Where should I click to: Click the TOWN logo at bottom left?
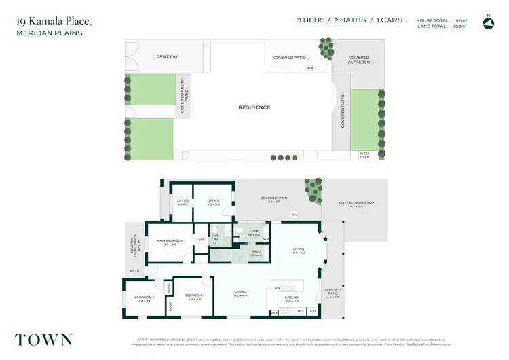[43, 340]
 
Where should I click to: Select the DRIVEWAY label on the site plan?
[167, 56]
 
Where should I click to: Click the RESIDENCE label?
[254, 107]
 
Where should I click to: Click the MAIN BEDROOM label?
[170, 240]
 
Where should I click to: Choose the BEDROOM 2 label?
[144, 298]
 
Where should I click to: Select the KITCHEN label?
[292, 298]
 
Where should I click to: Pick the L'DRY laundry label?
[254, 232]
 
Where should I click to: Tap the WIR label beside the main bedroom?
[202, 239]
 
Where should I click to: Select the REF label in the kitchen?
[301, 311]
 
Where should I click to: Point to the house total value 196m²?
[461, 21]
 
